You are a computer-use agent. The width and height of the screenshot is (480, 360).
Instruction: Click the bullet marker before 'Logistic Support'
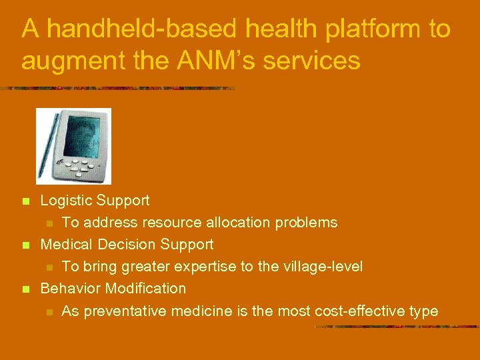click(26, 201)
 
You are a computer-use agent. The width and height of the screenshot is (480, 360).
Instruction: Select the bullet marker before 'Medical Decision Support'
click(26, 246)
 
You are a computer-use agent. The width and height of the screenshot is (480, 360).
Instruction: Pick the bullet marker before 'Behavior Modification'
click(26, 290)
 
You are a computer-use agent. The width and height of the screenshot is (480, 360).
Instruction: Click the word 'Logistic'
click(66, 201)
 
